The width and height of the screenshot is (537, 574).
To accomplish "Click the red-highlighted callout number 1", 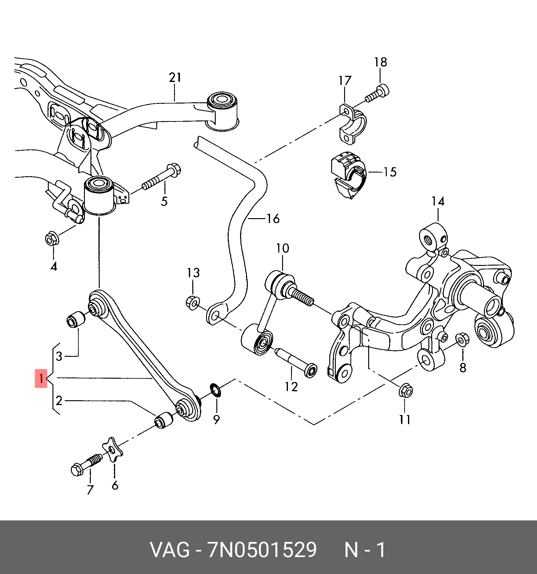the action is pos(41,378).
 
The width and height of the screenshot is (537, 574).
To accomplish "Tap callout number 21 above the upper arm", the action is pos(175,77).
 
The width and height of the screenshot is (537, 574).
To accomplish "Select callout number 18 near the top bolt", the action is pos(381,62).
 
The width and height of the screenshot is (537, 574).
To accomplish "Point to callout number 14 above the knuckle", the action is pos(438,202).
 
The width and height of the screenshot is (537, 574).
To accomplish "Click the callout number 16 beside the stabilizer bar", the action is pos(273,219).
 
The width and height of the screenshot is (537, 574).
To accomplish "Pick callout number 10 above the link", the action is pos(283,248).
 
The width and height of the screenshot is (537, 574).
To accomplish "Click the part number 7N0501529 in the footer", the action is pos(262,550).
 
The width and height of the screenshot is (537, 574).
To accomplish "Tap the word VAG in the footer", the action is pos(170,550).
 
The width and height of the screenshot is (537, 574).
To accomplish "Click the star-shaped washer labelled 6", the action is pos(113,450).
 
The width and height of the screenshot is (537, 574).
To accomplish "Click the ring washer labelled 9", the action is pos(216,390).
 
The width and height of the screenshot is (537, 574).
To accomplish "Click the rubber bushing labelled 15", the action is pos(349,175).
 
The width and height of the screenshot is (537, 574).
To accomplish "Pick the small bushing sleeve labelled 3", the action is pos(76,320).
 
